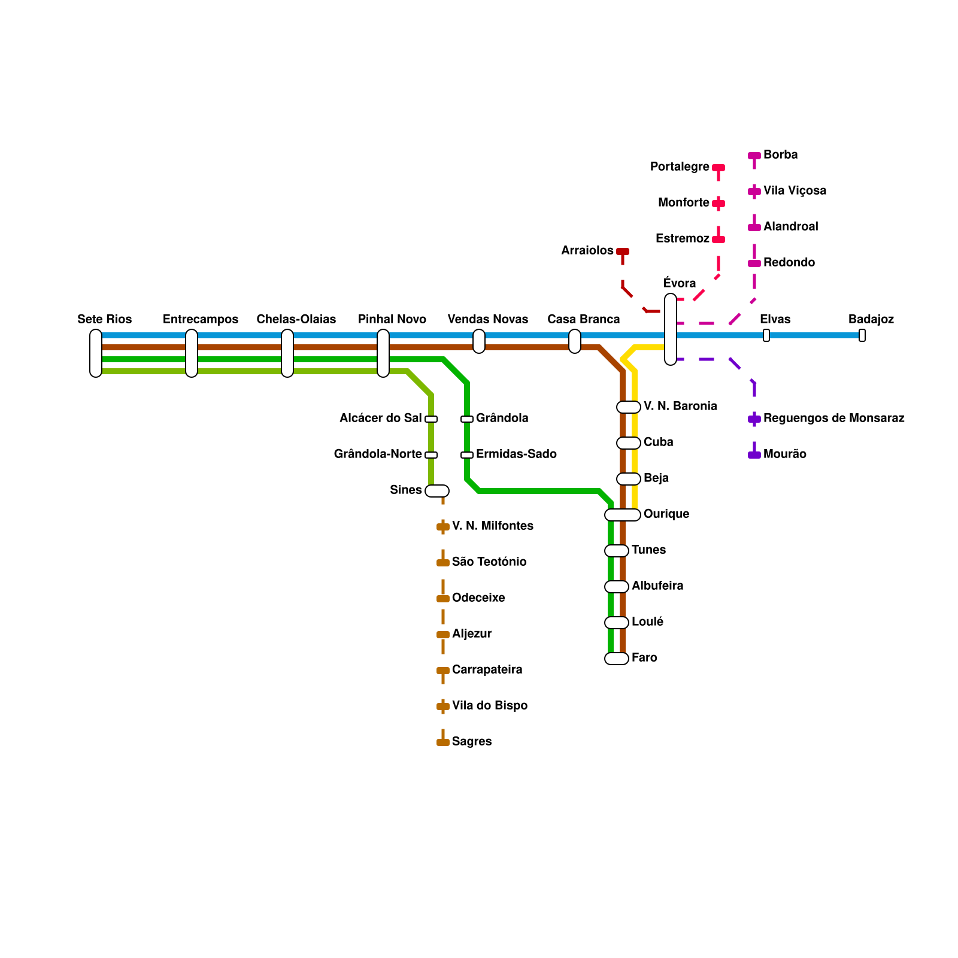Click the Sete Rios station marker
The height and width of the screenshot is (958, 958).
tap(96, 353)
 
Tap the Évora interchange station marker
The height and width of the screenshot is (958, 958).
tap(671, 329)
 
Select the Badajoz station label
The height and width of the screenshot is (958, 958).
tap(871, 319)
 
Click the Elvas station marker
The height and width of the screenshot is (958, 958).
tap(766, 335)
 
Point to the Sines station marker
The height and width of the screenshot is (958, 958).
tap(437, 491)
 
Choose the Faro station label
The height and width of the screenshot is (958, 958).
tap(644, 657)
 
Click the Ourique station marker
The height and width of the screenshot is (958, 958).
tap(623, 515)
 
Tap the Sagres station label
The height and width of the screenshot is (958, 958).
tap(472, 741)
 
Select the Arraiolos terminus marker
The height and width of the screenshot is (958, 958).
tap(623, 251)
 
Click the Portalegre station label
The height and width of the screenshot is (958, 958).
tap(680, 166)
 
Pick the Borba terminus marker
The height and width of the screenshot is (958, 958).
tap(754, 156)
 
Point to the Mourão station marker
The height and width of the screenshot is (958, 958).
tap(754, 455)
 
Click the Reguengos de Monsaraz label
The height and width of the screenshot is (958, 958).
tap(833, 418)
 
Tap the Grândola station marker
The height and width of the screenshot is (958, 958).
tap(467, 419)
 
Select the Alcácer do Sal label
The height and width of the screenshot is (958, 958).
tap(380, 418)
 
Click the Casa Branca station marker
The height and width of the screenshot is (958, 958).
tap(575, 341)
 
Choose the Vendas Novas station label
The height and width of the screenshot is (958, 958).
tap(488, 319)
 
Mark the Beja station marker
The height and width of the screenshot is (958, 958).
tap(629, 479)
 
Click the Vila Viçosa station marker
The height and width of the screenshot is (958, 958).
tap(754, 192)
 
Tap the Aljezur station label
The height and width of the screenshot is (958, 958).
tap(472, 633)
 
